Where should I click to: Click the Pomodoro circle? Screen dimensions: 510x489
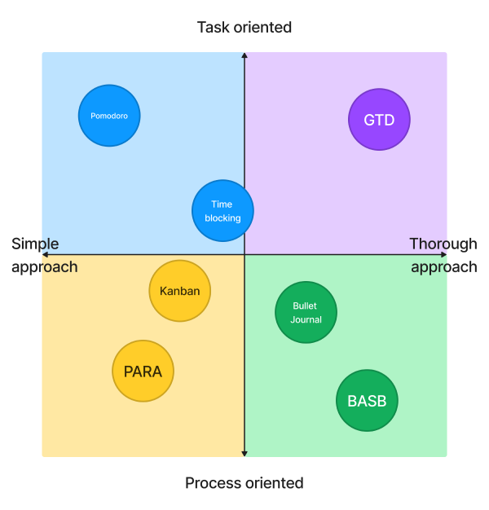click(109, 116)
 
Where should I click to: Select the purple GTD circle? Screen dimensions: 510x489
click(379, 120)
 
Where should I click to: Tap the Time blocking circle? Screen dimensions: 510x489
click(222, 211)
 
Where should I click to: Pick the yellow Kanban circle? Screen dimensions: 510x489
click(180, 291)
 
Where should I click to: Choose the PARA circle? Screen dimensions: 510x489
click(143, 372)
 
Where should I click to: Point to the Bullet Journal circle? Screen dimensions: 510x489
click(306, 312)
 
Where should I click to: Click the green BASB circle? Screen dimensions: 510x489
click(368, 401)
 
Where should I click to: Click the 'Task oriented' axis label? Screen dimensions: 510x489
click(244, 28)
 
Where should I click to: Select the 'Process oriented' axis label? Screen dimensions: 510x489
click(244, 483)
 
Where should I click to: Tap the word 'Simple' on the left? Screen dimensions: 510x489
click(36, 244)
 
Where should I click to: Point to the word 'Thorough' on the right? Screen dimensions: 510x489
click(443, 244)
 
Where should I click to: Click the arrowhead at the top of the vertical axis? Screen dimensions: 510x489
click(244, 55)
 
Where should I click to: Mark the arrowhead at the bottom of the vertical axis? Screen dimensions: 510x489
click(244, 453)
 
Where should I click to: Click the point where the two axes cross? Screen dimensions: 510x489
click(244, 254)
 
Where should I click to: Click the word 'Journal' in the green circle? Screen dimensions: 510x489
click(306, 319)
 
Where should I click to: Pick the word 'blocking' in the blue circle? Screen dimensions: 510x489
click(222, 218)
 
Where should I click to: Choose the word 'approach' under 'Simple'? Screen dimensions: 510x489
click(45, 266)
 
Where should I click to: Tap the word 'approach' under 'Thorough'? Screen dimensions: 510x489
click(444, 266)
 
